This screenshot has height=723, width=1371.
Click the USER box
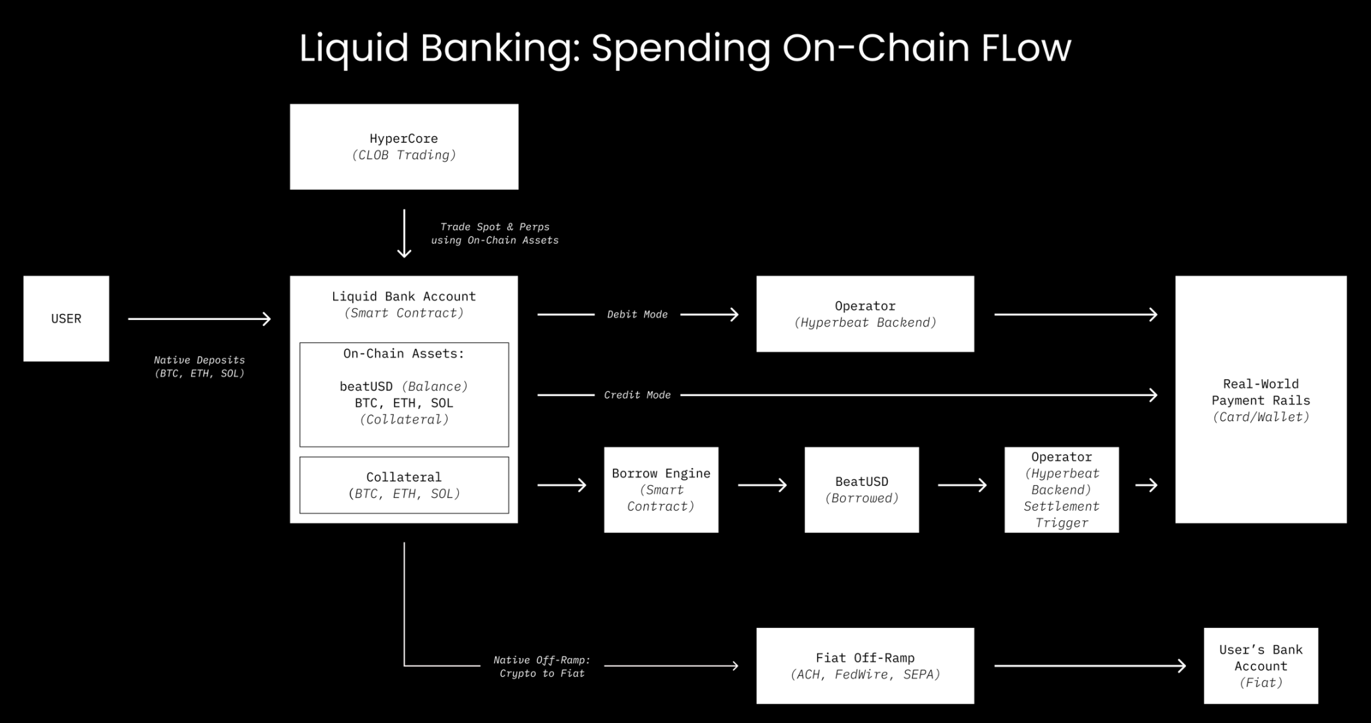tap(66, 319)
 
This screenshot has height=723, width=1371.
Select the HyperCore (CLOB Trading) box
tap(404, 147)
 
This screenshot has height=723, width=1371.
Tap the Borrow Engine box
tap(661, 490)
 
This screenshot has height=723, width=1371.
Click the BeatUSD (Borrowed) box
tap(861, 490)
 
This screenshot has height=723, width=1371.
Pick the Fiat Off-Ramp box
tap(865, 666)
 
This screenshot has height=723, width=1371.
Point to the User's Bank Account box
tap(1261, 666)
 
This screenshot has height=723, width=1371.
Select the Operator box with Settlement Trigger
tap(1062, 490)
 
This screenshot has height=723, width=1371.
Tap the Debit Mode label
tap(637, 315)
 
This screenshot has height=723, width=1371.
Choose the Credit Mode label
tap(637, 395)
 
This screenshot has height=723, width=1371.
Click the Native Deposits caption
tap(199, 367)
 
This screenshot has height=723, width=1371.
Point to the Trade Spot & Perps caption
tap(494, 233)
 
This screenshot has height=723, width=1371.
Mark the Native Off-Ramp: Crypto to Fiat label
tap(542, 666)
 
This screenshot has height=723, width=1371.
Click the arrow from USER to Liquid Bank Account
tap(199, 319)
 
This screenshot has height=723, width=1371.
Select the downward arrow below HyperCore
tap(404, 233)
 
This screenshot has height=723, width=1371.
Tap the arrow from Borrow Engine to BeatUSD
tap(762, 486)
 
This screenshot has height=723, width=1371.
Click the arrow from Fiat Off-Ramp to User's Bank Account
tap(1089, 666)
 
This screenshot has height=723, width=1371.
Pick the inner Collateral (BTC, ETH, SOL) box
tap(404, 485)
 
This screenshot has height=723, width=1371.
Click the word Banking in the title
tap(500, 48)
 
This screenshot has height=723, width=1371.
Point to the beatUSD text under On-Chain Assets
tap(366, 387)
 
